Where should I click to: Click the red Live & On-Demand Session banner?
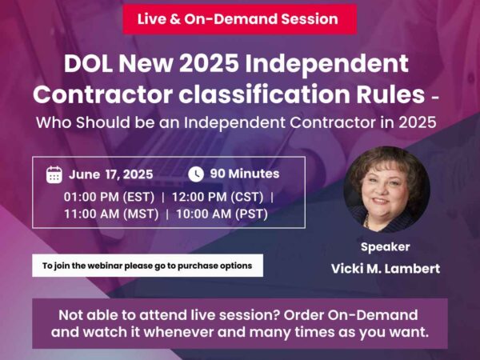point(239,18)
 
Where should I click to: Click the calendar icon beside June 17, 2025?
point(54,174)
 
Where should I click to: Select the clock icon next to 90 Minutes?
point(195,174)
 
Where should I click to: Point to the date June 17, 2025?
point(110,174)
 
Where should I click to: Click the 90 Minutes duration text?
point(244,174)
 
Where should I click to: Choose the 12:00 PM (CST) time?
point(220,196)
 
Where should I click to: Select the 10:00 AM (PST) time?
point(222,214)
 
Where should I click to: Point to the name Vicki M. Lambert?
point(385,269)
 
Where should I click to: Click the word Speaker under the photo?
point(385,247)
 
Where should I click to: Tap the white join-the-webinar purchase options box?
point(147,266)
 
